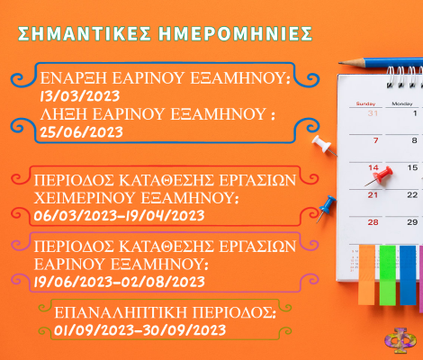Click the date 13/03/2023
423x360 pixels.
pyautogui.click(x=80, y=96)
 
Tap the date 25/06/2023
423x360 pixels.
pyautogui.click(x=81, y=132)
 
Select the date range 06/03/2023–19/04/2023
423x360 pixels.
pyautogui.click(x=119, y=215)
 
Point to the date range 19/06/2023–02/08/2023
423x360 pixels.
pyautogui.click(x=119, y=282)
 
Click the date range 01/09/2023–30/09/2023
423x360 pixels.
pyautogui.click(x=139, y=330)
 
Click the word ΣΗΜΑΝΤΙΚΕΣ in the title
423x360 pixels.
pyautogui.click(x=85, y=33)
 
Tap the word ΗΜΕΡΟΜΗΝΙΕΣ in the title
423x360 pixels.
pyautogui.click(x=236, y=33)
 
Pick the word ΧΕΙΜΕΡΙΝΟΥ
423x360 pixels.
pyautogui.click(x=85, y=198)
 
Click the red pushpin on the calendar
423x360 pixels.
pyautogui.click(x=380, y=175)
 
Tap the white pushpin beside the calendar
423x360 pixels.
pyautogui.click(x=324, y=145)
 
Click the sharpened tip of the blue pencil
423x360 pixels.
pyautogui.click(x=339, y=63)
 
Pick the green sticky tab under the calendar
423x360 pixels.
pyautogui.click(x=388, y=275)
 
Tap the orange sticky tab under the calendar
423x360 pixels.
pyautogui.click(x=366, y=275)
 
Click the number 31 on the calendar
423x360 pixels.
pyautogui.click(x=373, y=113)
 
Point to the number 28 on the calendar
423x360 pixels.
pyautogui.click(x=373, y=222)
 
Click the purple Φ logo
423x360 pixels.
pyautogui.click(x=400, y=340)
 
